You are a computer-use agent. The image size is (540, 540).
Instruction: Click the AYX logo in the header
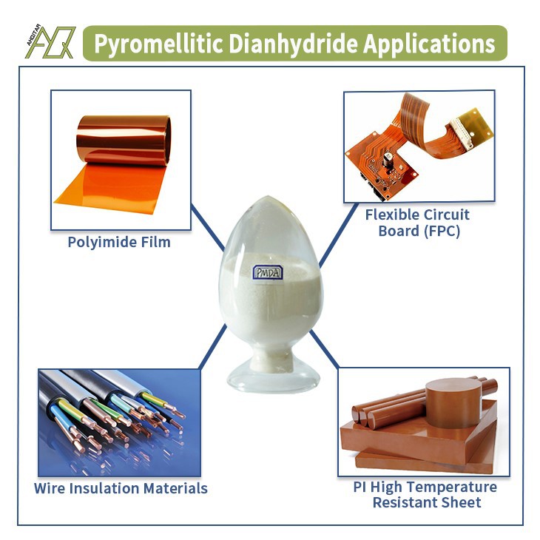pyautogui.click(x=50, y=43)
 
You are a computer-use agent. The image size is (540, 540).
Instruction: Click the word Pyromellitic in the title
pyautogui.click(x=158, y=44)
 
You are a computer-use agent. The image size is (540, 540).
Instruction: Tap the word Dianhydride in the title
pyautogui.click(x=293, y=44)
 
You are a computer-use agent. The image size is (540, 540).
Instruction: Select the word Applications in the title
pyautogui.click(x=429, y=44)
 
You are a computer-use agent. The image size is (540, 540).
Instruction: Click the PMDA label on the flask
pyautogui.click(x=268, y=272)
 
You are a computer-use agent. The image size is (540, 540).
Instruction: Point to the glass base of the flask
pyautogui.click(x=273, y=377)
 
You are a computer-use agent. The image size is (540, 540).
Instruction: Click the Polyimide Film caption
pyautogui.click(x=119, y=242)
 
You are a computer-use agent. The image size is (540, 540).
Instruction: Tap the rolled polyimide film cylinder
pyautogui.click(x=124, y=141)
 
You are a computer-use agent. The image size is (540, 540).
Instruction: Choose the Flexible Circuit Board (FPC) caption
pyautogui.click(x=418, y=223)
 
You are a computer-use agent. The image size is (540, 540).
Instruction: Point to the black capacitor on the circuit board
pyautogui.click(x=388, y=161)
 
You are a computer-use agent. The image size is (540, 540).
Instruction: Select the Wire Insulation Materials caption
pyautogui.click(x=121, y=488)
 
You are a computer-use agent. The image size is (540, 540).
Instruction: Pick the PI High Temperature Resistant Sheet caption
pyautogui.click(x=425, y=495)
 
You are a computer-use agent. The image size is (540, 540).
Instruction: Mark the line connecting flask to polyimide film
pyautogui.click(x=208, y=226)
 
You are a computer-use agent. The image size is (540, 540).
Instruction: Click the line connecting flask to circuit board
pyautogui.click(x=338, y=234)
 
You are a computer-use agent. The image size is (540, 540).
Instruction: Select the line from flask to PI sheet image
pyautogui.click(x=325, y=349)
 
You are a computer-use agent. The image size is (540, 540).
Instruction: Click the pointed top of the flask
pyautogui.click(x=269, y=197)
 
